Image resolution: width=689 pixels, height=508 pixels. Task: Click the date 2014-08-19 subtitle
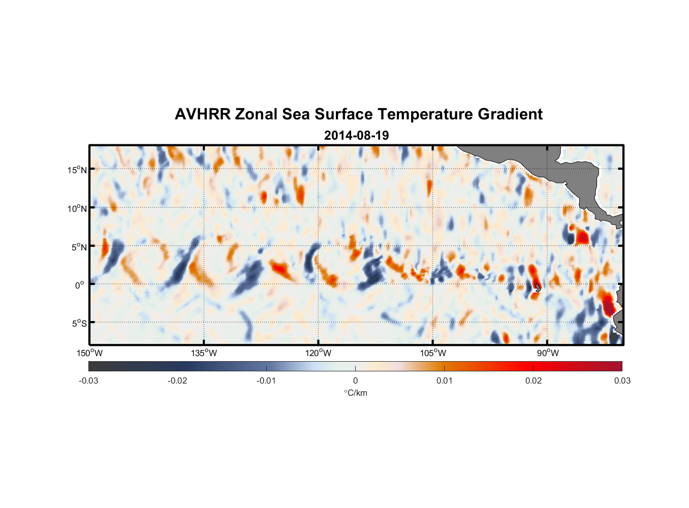pyautogui.click(x=356, y=136)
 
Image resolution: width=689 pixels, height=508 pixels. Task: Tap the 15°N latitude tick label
pyautogui.click(x=77, y=170)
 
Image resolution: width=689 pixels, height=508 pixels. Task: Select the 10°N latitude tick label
pyautogui.click(x=77, y=208)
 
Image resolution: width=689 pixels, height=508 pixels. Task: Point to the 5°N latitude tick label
pyautogui.click(x=79, y=247)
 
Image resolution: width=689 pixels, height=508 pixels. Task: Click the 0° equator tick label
pyautogui.click(x=80, y=285)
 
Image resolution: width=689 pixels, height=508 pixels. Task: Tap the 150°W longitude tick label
pyautogui.click(x=90, y=353)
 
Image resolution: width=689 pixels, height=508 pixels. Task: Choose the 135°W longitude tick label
pyautogui.click(x=204, y=353)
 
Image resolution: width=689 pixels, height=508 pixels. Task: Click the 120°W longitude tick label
pyautogui.click(x=319, y=353)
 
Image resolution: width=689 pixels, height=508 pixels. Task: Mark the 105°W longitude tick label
pyautogui.click(x=433, y=353)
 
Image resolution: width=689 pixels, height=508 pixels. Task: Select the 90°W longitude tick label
pyautogui.click(x=548, y=353)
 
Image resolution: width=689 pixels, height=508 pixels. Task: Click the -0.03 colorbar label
pyautogui.click(x=88, y=380)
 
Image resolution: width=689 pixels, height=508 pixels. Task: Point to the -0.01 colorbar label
pyautogui.click(x=266, y=380)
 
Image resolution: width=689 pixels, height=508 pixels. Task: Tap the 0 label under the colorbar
pyautogui.click(x=355, y=380)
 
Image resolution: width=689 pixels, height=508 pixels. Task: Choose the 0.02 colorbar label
pyautogui.click(x=534, y=380)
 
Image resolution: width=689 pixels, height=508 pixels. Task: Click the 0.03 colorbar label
pyautogui.click(x=622, y=380)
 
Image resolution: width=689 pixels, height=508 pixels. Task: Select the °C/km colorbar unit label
pyautogui.click(x=355, y=393)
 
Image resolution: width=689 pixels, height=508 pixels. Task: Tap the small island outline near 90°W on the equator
pyautogui.click(x=538, y=288)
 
